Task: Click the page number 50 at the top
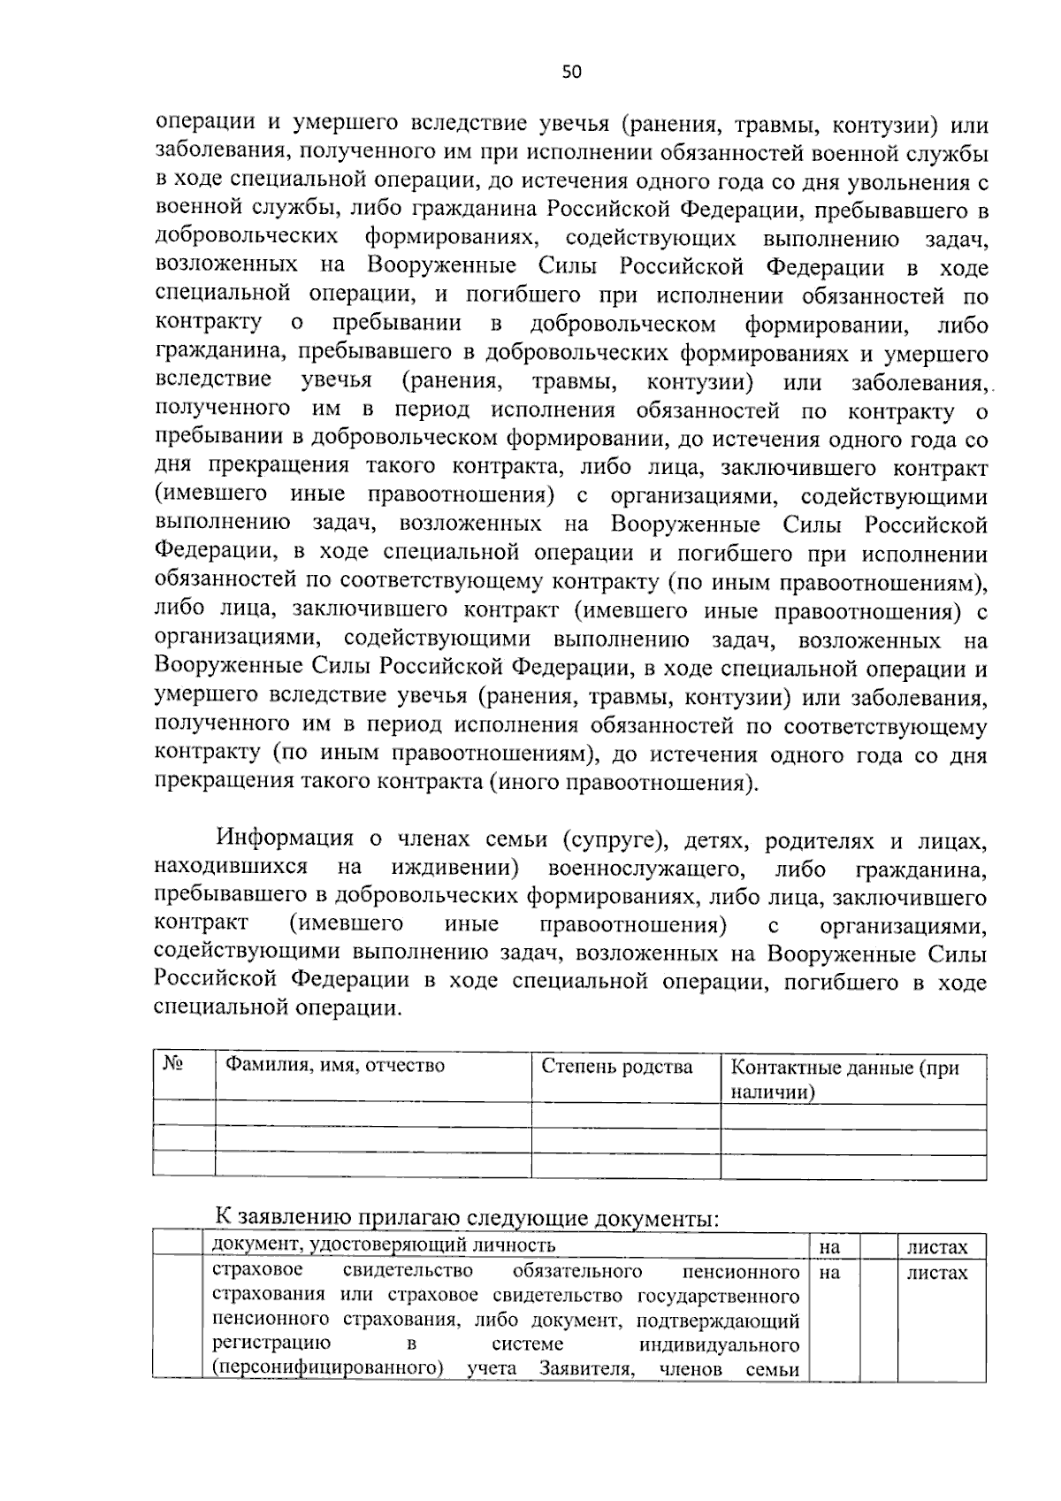571,73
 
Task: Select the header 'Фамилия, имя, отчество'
335,1065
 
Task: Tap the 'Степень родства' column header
617,1067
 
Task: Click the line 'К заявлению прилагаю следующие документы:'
468,1218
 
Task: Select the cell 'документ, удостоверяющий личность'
385,1245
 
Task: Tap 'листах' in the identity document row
937,1248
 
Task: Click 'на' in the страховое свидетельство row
829,1274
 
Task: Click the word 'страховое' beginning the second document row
258,1271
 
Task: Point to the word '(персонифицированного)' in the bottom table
328,1394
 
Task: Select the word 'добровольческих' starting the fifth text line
247,238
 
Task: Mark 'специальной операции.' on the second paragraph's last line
278,1008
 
